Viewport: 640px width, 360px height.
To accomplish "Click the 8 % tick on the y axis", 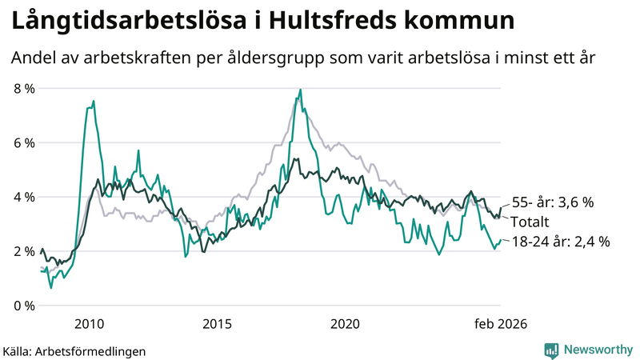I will pyautogui.click(x=24, y=88).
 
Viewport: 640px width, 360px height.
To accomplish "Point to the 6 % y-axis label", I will pyautogui.click(x=24, y=142).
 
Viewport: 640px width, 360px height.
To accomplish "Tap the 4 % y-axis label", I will pyautogui.click(x=24, y=197).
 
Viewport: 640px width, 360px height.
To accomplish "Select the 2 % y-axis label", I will pyautogui.click(x=24, y=251).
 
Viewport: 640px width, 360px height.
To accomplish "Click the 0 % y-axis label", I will pyautogui.click(x=24, y=306).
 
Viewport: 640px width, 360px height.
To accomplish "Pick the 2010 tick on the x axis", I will pyautogui.click(x=89, y=324).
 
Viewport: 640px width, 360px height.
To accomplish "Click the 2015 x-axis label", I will pyautogui.click(x=217, y=324).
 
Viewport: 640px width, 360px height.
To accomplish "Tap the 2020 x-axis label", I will pyautogui.click(x=345, y=324).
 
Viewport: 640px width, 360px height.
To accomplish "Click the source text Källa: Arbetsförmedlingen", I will pyautogui.click(x=74, y=350).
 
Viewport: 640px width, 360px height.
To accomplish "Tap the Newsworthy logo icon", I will pyautogui.click(x=551, y=350).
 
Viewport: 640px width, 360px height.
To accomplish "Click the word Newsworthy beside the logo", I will pyautogui.click(x=597, y=350).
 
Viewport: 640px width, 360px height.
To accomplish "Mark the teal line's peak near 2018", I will pyautogui.click(x=300, y=90).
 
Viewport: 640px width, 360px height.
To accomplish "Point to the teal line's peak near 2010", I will pyautogui.click(x=94, y=102).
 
